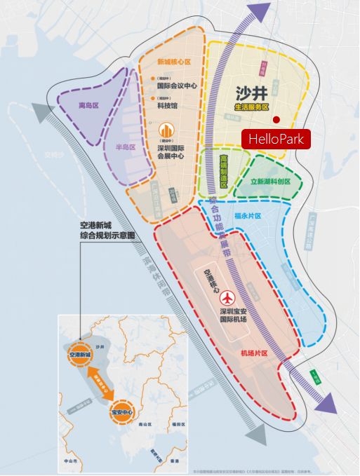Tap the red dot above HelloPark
(276, 119)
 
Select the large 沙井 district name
(249, 93)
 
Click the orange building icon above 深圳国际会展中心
(166, 131)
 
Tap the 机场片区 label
(255, 353)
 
